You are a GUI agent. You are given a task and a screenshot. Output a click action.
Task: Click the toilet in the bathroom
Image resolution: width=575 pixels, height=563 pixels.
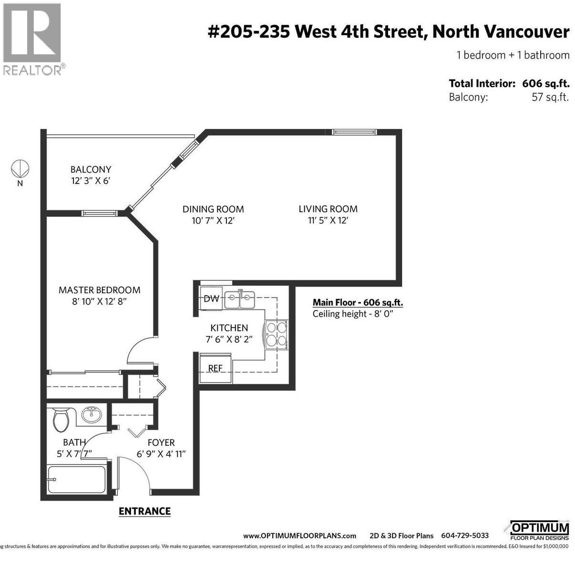coord(61,419)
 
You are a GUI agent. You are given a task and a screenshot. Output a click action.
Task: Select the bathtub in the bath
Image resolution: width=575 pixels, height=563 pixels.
coord(77,479)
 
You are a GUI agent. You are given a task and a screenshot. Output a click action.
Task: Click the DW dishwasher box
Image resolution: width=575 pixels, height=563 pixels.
coord(211,299)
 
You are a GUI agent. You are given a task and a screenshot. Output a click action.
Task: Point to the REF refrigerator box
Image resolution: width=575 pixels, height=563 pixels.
coord(216,369)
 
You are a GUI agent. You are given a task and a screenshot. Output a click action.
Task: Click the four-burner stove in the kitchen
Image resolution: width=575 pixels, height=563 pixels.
coord(277,334)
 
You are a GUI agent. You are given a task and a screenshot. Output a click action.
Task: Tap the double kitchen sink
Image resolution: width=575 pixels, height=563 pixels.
coord(240,300)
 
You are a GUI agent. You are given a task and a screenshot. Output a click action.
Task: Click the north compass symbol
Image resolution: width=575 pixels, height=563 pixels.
coord(20,168)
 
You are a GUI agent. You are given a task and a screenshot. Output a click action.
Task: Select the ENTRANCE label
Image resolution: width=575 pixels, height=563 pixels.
coord(144,511)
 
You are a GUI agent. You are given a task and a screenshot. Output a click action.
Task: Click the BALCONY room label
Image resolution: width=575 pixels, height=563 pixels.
coord(91,169)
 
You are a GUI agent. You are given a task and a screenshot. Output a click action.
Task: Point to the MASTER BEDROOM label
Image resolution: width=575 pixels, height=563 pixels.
coord(99,290)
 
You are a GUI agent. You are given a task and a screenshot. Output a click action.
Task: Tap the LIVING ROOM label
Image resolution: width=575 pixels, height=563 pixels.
coord(328,209)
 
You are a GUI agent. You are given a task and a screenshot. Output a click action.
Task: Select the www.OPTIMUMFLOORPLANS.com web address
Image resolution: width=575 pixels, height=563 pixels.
coord(299,535)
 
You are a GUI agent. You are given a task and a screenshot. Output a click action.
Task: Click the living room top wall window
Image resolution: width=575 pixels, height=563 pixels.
coord(354,132)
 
